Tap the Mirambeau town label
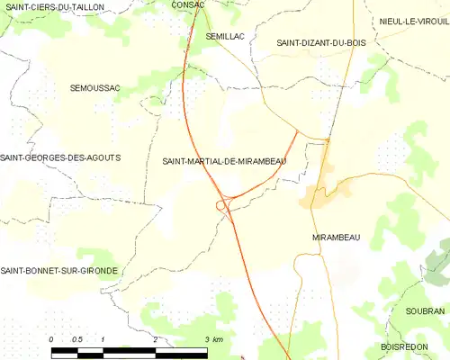[336, 237]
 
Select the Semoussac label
[94, 87]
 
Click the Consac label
[188, 5]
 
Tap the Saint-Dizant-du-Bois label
[315, 42]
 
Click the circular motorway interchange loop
[220, 206]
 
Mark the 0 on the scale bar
[51, 338]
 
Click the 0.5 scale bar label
[77, 338]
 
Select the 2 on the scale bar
[156, 338]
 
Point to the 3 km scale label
[213, 338]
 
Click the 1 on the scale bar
[103, 338]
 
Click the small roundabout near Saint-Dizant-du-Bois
[327, 139]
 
